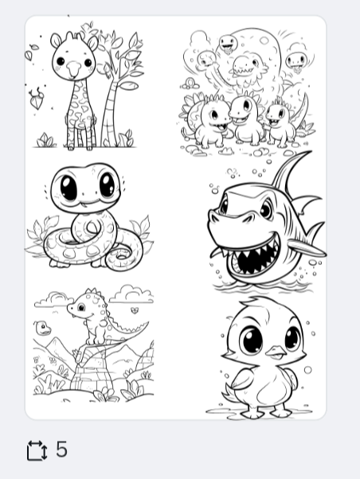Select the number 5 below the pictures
tap(61, 450)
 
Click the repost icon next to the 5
tap(37, 450)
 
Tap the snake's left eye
tap(67, 189)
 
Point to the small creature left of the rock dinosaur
tap(41, 327)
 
